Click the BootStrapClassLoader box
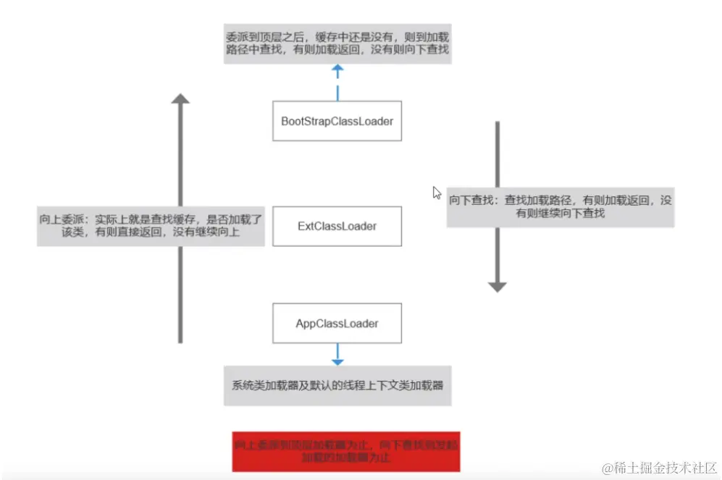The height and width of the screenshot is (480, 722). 337,121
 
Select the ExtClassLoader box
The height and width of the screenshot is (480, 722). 337,226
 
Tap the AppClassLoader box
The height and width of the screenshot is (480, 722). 337,323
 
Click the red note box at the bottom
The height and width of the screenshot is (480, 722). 346,450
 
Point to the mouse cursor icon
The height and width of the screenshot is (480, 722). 437,193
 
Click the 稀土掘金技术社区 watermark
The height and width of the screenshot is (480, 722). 659,466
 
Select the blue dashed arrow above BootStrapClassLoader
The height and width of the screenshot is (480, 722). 337,82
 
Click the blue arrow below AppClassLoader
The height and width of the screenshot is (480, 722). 337,354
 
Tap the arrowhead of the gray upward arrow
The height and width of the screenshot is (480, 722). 180,99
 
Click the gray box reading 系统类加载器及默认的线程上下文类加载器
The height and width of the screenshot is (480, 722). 337,385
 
